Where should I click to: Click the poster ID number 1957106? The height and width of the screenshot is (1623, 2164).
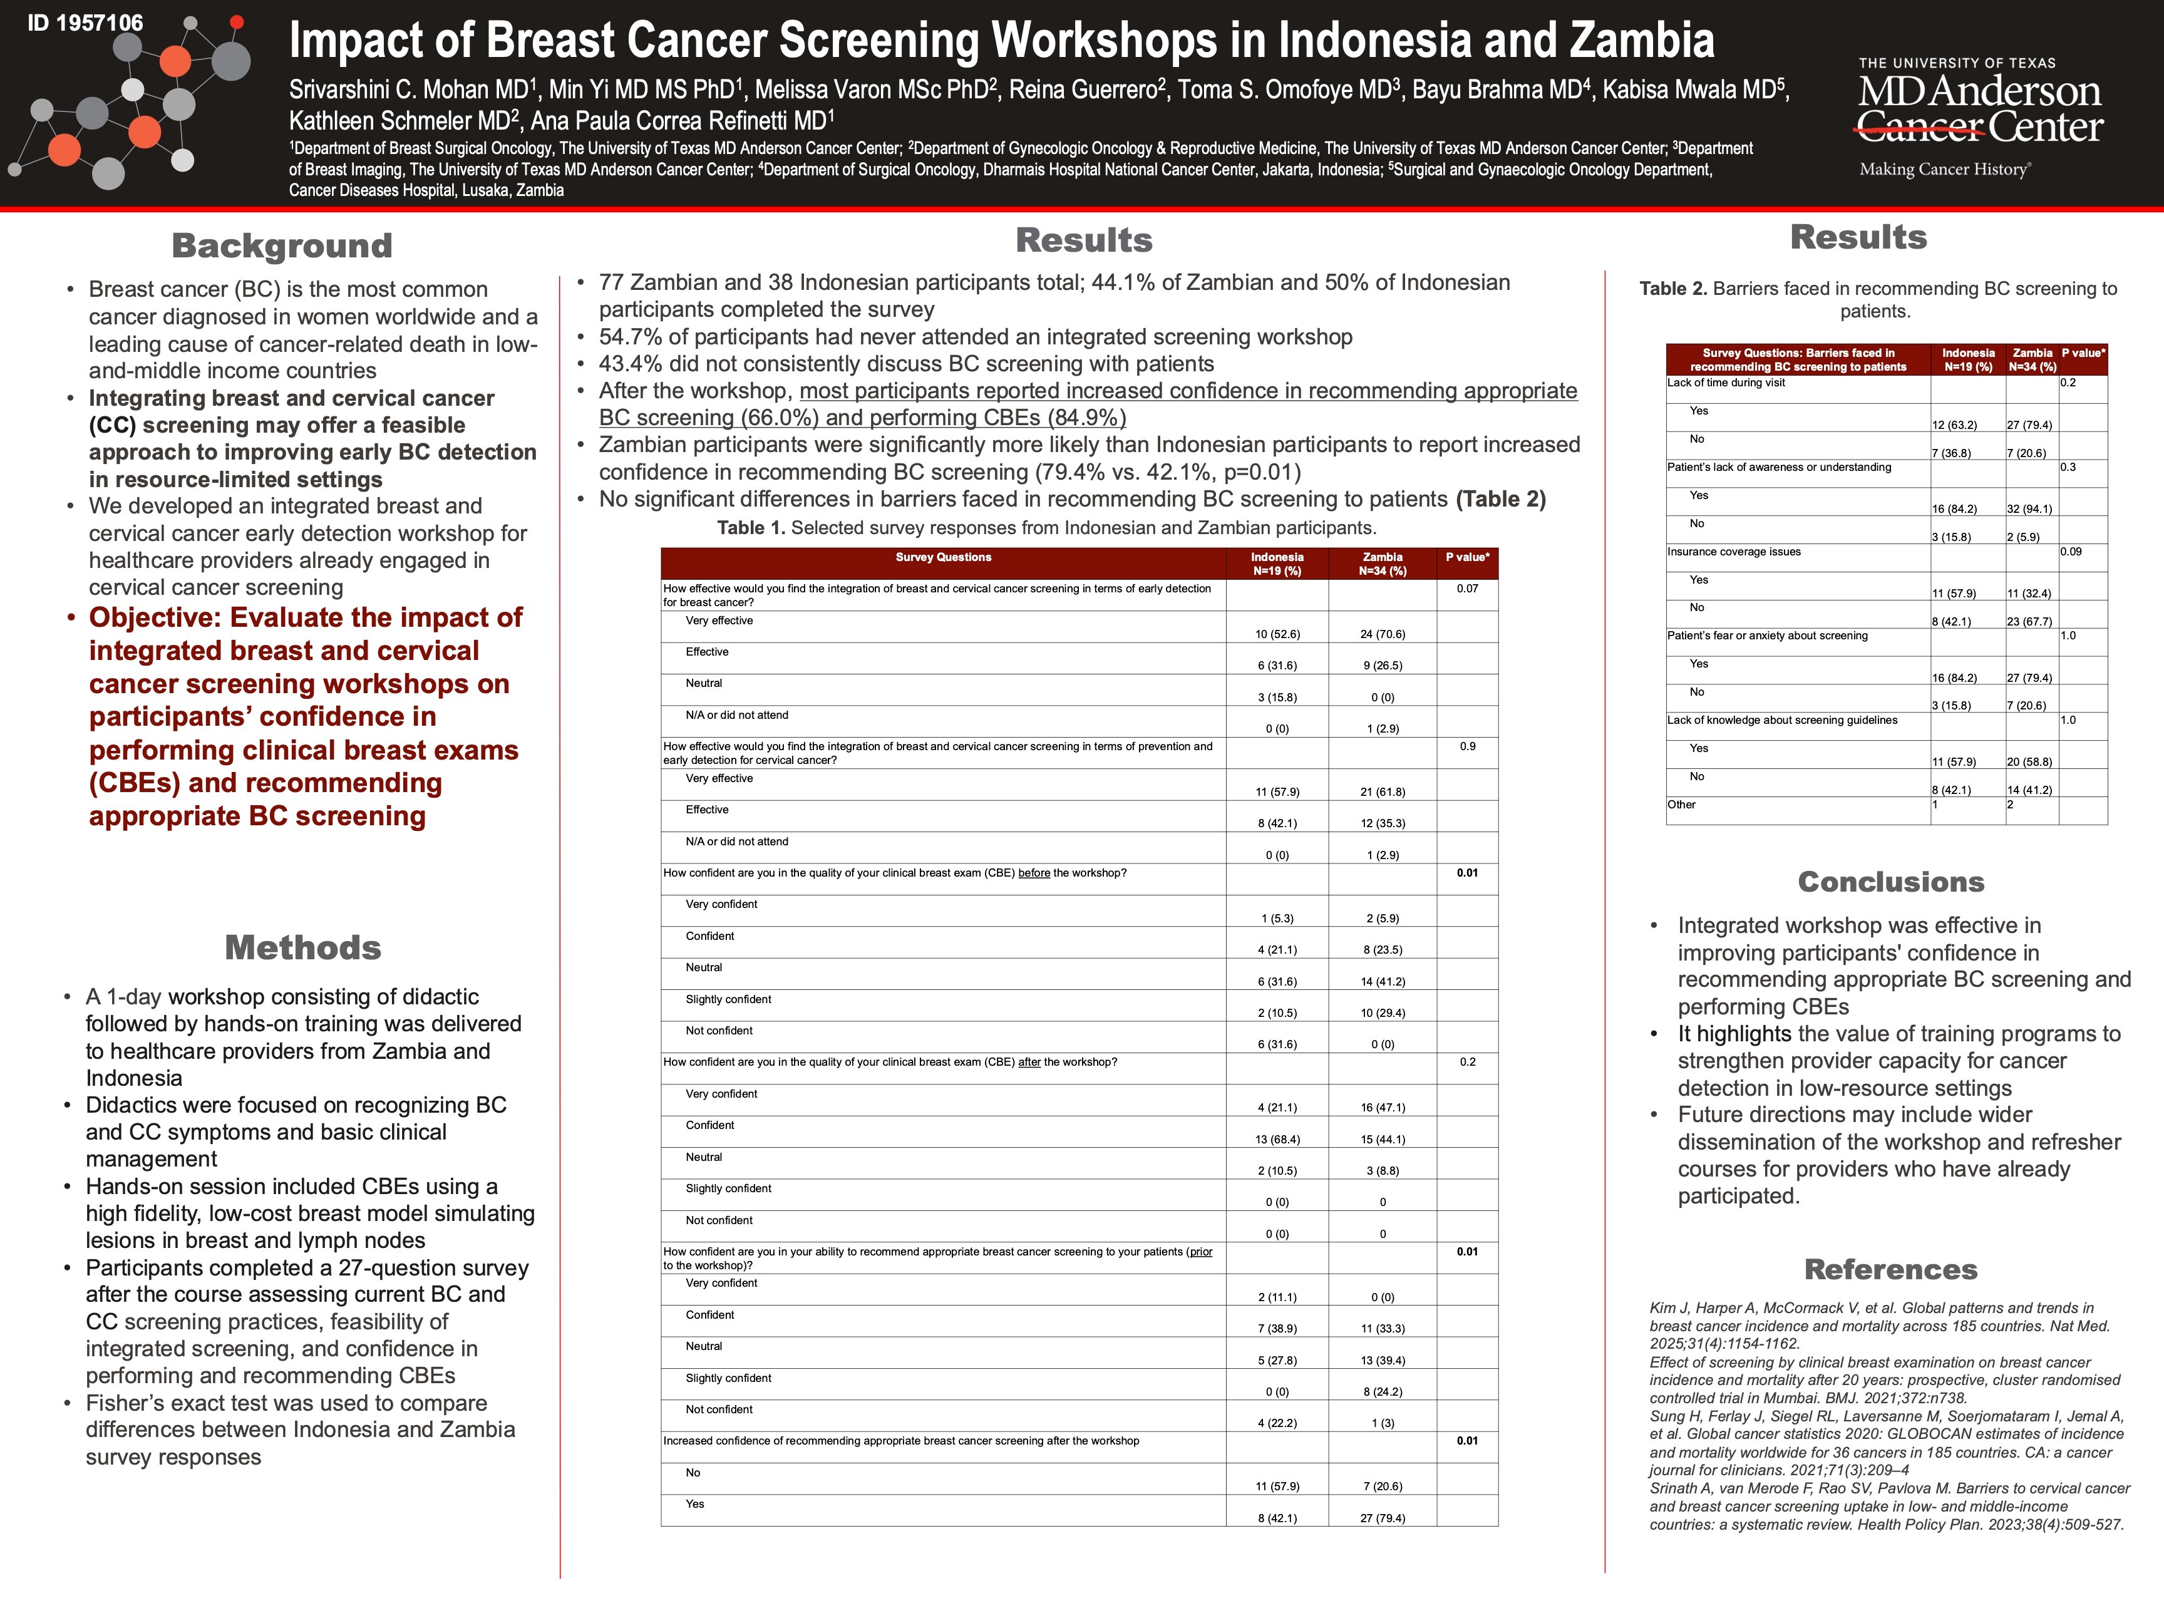(x=85, y=23)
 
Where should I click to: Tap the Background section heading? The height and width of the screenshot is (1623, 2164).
(x=282, y=245)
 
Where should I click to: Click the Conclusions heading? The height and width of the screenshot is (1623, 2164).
(x=1890, y=882)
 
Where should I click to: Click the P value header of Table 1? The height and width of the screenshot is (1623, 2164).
(x=1468, y=558)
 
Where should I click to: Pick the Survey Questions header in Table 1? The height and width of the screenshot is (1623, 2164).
(x=943, y=558)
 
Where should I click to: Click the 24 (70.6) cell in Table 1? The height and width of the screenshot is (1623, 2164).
(x=1383, y=634)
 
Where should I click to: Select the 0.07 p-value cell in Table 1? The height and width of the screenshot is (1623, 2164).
(x=1468, y=589)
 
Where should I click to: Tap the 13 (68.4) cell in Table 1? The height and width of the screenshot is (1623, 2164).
(x=1277, y=1139)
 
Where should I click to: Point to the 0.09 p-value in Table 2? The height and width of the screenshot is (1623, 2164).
(x=2071, y=552)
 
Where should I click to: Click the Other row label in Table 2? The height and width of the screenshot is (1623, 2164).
(x=1682, y=805)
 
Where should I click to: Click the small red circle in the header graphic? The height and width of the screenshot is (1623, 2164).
(x=237, y=21)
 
